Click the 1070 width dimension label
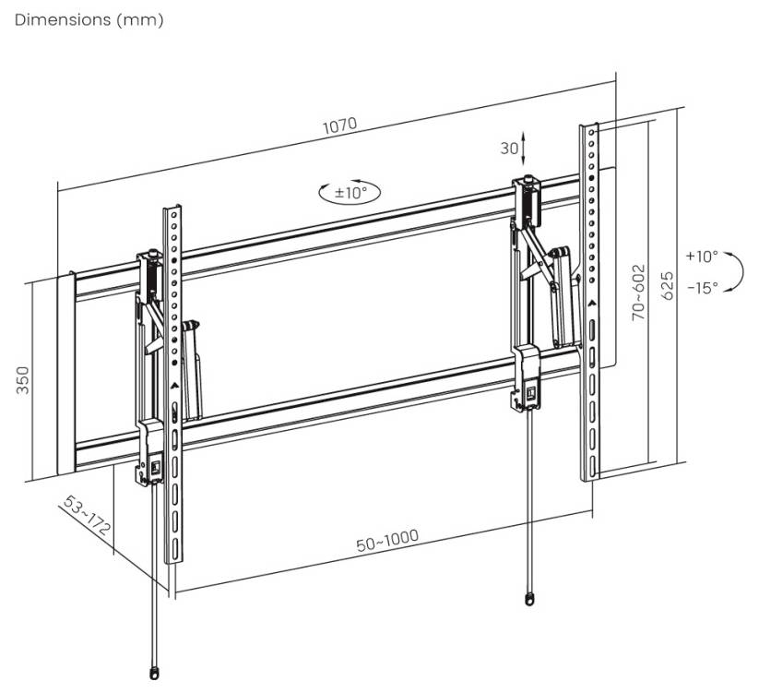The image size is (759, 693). coord(338,125)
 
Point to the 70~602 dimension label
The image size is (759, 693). coord(638,293)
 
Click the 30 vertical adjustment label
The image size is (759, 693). coord(509,148)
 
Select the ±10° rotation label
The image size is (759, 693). coord(350,193)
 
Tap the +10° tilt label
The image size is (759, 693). coord(701,256)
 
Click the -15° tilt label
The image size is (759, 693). coord(702,287)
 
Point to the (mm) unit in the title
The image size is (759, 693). coord(139,19)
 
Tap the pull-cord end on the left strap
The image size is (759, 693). coord(153,671)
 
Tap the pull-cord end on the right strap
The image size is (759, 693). coord(528,598)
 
